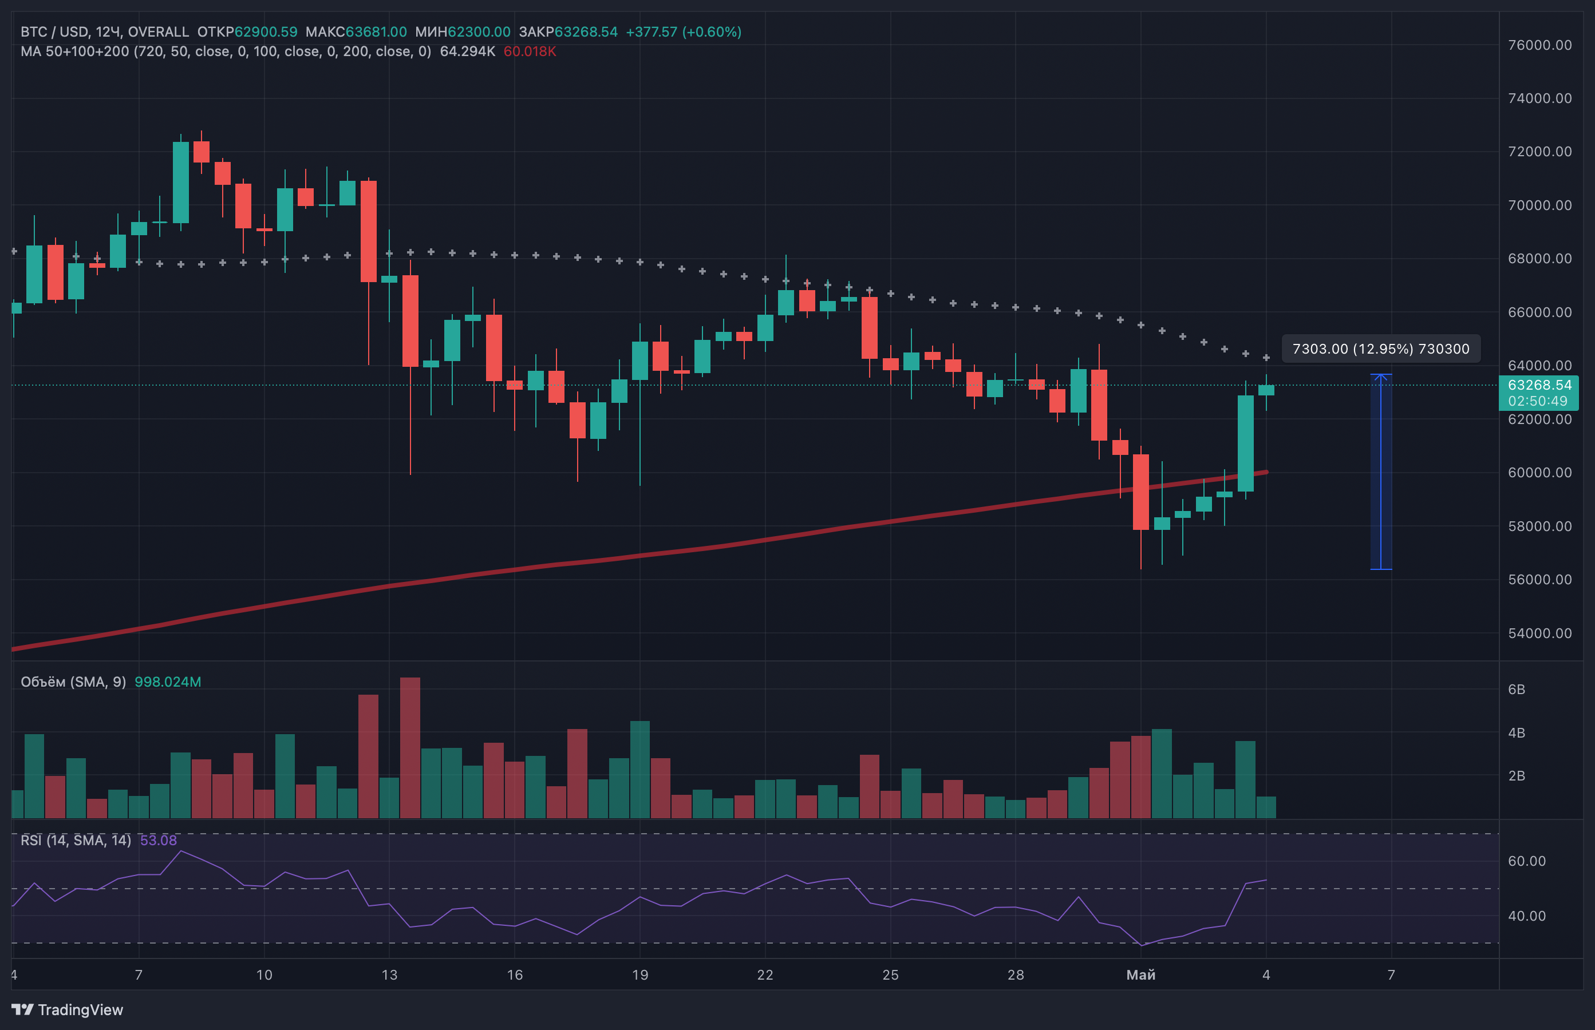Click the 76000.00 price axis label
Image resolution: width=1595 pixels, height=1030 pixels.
click(1539, 45)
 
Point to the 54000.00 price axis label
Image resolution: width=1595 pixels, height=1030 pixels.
click(1539, 633)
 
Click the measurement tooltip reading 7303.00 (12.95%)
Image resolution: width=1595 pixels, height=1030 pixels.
click(1381, 348)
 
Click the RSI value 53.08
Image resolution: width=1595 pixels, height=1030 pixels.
click(159, 840)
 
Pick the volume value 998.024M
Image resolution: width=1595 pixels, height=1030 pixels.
click(168, 682)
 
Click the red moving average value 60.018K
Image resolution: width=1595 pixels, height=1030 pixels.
click(530, 51)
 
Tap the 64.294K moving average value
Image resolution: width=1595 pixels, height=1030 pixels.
click(468, 51)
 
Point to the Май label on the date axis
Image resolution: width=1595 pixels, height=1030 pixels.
click(1141, 974)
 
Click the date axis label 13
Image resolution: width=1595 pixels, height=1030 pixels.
click(389, 974)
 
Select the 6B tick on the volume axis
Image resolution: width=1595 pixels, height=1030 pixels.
click(1517, 689)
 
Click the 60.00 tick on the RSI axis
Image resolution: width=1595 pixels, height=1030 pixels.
click(1527, 861)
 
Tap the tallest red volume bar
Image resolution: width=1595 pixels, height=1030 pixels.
click(410, 748)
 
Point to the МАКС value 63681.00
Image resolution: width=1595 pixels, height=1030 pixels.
click(376, 31)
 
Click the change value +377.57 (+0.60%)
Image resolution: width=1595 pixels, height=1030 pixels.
click(684, 31)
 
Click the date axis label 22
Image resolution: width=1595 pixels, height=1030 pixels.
click(765, 974)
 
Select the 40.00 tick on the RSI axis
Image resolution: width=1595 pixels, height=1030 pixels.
click(1527, 916)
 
